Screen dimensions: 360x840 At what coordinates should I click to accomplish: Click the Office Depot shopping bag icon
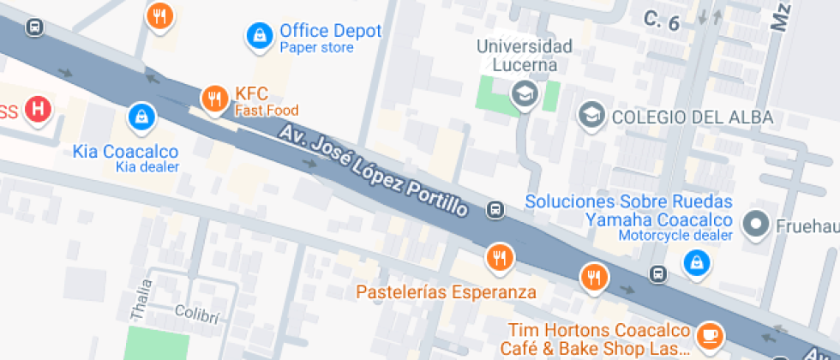pos(257,34)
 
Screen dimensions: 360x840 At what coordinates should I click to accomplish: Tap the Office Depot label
pos(330,31)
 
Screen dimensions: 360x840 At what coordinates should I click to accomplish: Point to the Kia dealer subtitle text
pos(147,166)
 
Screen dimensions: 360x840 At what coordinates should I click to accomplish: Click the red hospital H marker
pos(38,109)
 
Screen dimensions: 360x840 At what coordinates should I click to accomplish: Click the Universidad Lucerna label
pos(525,55)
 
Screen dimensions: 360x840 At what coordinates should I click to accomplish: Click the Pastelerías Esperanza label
pos(446,291)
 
